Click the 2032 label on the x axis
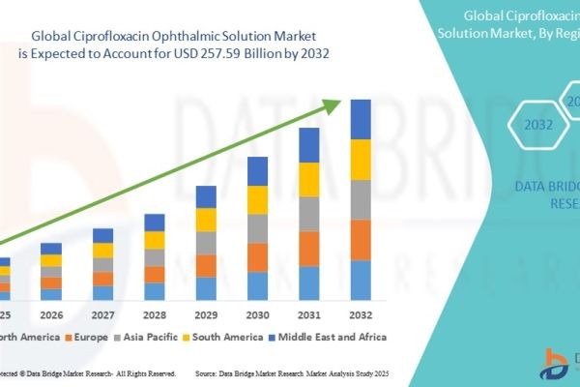tap(361, 315)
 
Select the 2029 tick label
tap(206, 315)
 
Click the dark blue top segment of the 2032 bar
tap(361, 119)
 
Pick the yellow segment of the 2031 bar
tap(309, 179)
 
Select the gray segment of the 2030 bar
tap(257, 228)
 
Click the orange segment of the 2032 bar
tap(361, 240)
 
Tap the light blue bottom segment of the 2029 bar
tap(206, 288)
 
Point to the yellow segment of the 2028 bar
tap(155, 240)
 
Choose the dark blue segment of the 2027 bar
tap(102, 235)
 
